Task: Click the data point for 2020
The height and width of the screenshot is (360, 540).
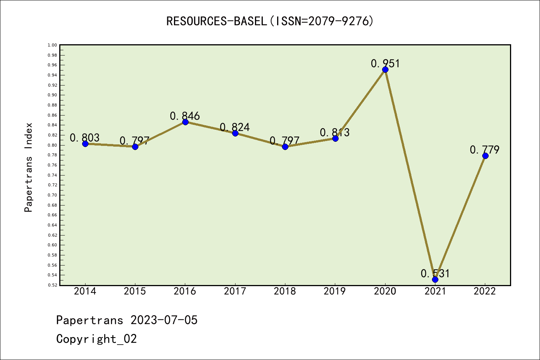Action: pyautogui.click(x=385, y=69)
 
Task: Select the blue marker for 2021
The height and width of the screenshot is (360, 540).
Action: pyautogui.click(x=435, y=279)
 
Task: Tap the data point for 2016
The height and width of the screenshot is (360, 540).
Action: pyautogui.click(x=185, y=122)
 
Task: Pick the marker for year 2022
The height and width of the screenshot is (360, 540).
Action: pyautogui.click(x=485, y=156)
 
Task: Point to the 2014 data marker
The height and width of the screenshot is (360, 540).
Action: pyautogui.click(x=85, y=144)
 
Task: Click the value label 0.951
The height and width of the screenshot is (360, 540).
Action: pyautogui.click(x=385, y=63)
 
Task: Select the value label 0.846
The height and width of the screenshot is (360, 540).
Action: pyautogui.click(x=185, y=116)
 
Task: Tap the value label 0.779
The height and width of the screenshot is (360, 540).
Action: pyautogui.click(x=484, y=150)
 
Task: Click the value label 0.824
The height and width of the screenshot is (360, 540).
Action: pyautogui.click(x=235, y=127)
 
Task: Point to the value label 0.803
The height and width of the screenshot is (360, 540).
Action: pyautogui.click(x=85, y=138)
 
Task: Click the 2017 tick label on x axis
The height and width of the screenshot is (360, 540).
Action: pyautogui.click(x=235, y=291)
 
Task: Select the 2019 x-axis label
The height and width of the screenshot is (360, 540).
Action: pyautogui.click(x=335, y=291)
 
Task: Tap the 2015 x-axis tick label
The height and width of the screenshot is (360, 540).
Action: pyautogui.click(x=135, y=291)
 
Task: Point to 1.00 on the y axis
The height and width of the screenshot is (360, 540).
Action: pyautogui.click(x=52, y=45)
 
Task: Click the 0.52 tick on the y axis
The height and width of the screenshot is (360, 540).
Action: pyautogui.click(x=52, y=285)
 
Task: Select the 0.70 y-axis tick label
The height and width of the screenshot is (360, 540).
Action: pyautogui.click(x=52, y=195)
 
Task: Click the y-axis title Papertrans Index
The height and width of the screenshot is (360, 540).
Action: pyautogui.click(x=28, y=167)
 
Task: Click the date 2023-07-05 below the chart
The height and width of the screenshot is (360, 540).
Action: pyautogui.click(x=164, y=320)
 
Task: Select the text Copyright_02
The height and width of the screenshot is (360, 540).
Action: pyautogui.click(x=96, y=339)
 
